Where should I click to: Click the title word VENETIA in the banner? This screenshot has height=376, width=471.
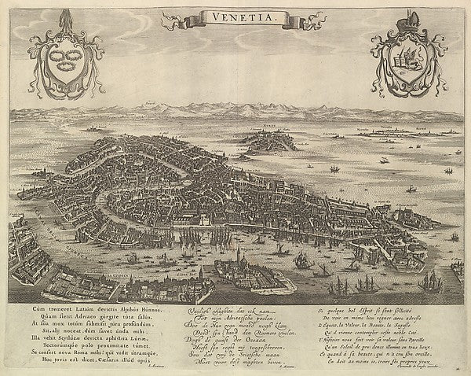click(x=235, y=18)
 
